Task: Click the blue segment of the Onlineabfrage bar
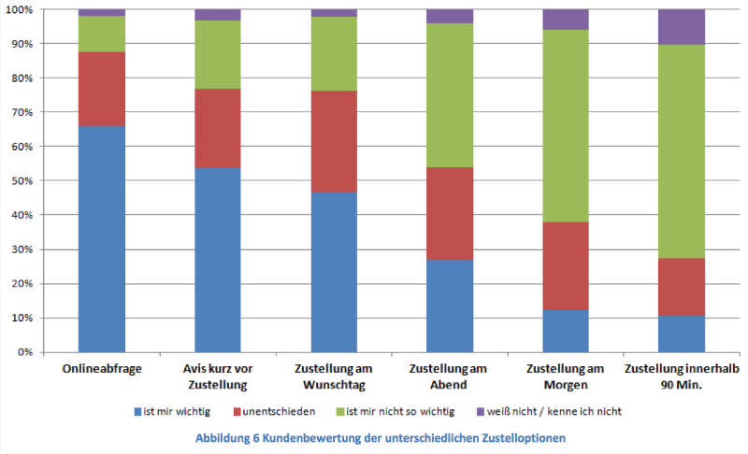pos(102,239)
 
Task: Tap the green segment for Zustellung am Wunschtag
pos(334,53)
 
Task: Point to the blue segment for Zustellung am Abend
pos(450,305)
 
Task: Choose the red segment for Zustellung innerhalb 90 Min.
pos(682,287)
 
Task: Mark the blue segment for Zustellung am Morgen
pos(566,331)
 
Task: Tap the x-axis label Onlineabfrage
pos(102,369)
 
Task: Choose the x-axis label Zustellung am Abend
pos(450,376)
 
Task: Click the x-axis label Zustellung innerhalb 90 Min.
pos(682,376)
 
